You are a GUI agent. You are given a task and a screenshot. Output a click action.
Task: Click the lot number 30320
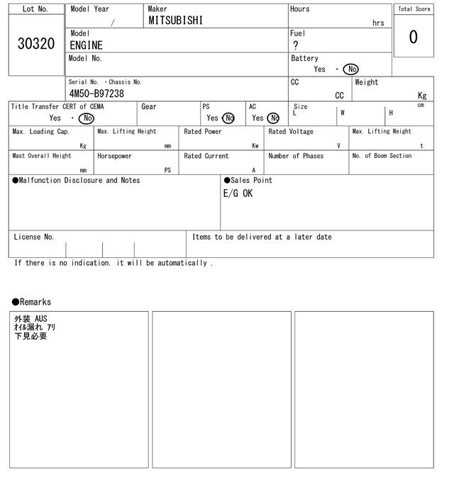(x=35, y=44)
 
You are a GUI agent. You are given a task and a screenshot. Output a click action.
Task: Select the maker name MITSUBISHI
(x=175, y=21)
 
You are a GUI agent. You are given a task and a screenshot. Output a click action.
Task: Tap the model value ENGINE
(x=86, y=45)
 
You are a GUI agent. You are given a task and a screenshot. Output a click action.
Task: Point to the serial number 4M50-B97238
(x=96, y=94)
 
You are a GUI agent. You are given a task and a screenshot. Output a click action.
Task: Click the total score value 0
(x=413, y=37)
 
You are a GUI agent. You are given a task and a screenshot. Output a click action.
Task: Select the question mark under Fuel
(x=296, y=45)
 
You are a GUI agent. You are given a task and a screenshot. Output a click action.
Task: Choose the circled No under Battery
(x=350, y=69)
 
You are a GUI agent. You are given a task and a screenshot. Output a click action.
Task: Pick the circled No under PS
(x=228, y=118)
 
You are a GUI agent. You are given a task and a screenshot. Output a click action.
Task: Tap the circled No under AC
(x=273, y=118)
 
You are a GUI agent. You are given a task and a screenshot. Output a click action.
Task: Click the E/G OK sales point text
(x=238, y=194)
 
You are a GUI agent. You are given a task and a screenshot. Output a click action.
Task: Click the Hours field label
(x=300, y=9)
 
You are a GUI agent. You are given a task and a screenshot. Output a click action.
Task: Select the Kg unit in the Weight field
(x=422, y=95)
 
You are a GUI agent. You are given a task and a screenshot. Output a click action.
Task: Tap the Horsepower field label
(x=114, y=156)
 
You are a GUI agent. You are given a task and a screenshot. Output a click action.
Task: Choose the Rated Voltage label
(x=291, y=132)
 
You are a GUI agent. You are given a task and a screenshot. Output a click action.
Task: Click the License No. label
(x=33, y=237)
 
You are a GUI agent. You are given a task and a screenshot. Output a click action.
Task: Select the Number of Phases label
(x=296, y=156)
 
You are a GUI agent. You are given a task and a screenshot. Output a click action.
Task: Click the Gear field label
(x=149, y=107)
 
